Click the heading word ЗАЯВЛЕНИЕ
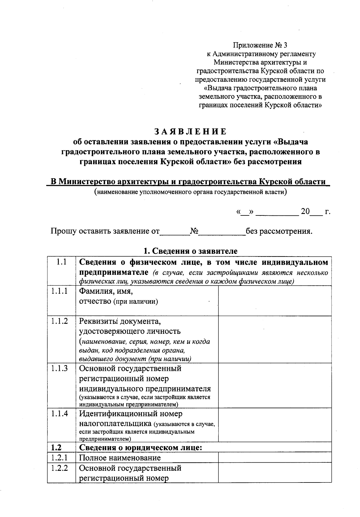click(x=191, y=131)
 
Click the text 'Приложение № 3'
click(x=260, y=45)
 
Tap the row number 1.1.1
click(x=59, y=291)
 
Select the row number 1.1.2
click(x=59, y=321)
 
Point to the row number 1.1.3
click(x=59, y=368)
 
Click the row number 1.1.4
click(x=59, y=414)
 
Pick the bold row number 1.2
click(x=56, y=448)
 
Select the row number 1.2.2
click(x=59, y=468)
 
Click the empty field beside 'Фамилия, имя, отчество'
click(x=274, y=300)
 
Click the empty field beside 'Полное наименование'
click(x=274, y=458)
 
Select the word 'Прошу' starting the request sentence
click(x=64, y=231)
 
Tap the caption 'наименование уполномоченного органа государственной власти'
click(x=190, y=192)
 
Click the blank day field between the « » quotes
click(x=245, y=212)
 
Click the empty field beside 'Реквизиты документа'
click(x=274, y=339)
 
